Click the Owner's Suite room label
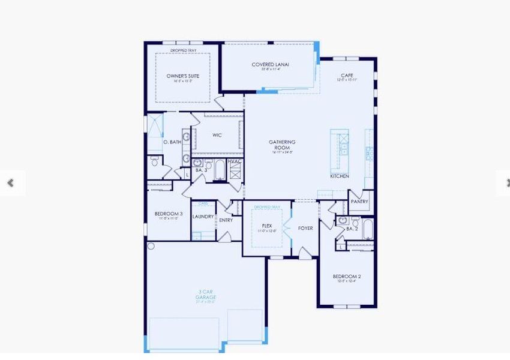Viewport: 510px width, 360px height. click(182, 76)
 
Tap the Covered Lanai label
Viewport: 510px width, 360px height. click(271, 64)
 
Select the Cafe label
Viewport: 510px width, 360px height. click(347, 76)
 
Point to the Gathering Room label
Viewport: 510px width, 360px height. click(282, 145)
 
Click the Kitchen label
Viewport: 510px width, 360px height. click(340, 176)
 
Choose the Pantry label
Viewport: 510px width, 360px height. click(359, 202)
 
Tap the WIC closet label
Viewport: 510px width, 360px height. click(217, 135)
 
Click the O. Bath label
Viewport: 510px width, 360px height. click(172, 142)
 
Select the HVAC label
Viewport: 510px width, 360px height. click(235, 161)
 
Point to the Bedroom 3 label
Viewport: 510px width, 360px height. click(169, 214)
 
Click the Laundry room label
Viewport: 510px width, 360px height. click(203, 217)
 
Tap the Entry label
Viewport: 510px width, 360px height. click(226, 220)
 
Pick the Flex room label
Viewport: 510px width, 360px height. click(267, 226)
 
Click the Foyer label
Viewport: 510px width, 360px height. click(305, 228)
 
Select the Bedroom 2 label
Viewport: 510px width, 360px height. click(347, 277)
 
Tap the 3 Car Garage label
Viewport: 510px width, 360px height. click(206, 295)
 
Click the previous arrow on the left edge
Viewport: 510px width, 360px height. click(10, 183)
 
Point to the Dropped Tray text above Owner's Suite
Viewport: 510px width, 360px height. click(182, 50)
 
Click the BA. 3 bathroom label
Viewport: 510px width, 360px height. click(201, 170)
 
